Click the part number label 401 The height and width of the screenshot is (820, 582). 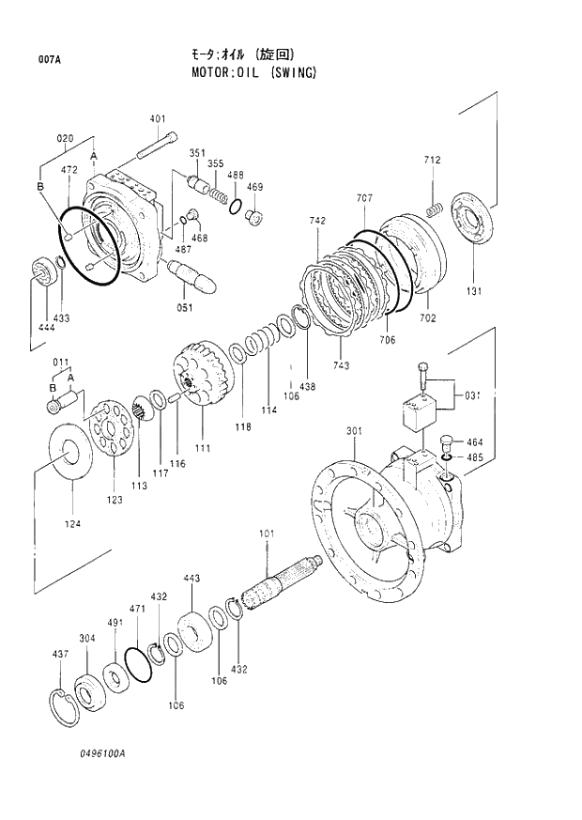[x=158, y=118]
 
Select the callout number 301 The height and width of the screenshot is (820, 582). [x=354, y=431]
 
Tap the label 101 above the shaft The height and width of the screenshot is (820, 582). [x=266, y=534]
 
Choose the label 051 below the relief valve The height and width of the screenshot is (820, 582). [x=185, y=307]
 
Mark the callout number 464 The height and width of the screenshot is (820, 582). [x=475, y=441]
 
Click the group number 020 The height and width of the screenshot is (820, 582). [x=65, y=138]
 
